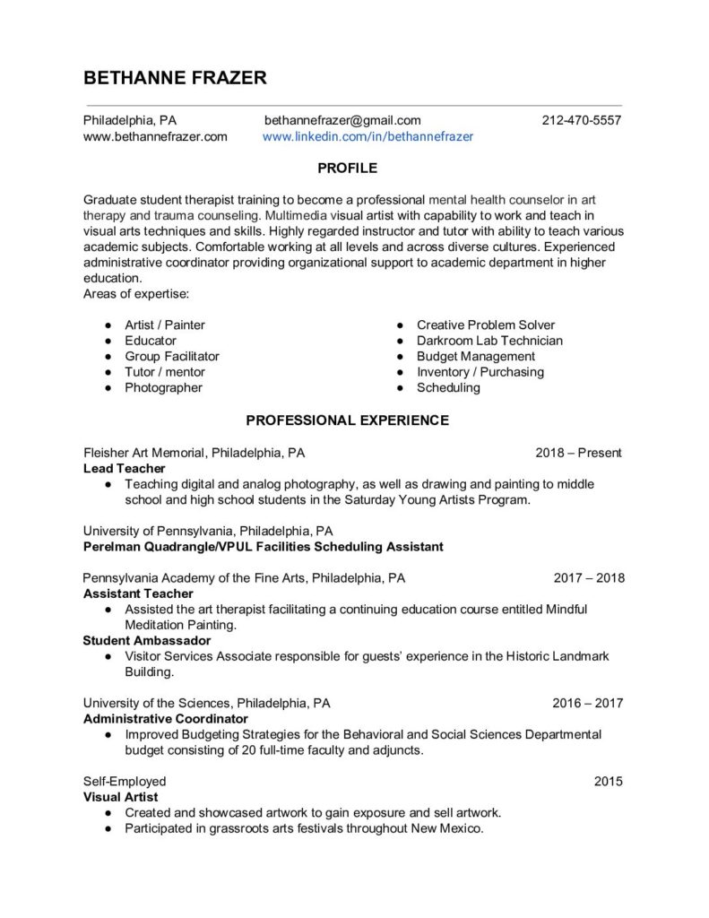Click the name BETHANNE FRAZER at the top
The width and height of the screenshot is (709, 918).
coord(175,78)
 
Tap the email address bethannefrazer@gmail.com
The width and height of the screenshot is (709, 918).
coord(342,120)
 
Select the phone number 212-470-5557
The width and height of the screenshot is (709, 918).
coord(582,120)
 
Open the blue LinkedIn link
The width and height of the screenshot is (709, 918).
coord(367,137)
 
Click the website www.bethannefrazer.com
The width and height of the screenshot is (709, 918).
coord(155,137)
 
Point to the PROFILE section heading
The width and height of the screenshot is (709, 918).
coord(349,168)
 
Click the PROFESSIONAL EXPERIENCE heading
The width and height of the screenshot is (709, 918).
coord(348,419)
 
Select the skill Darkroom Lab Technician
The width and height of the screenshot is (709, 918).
coord(489,341)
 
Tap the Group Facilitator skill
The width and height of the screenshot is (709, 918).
coord(171,356)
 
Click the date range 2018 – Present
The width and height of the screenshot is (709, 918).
coord(578,453)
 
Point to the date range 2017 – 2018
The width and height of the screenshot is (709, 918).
coord(589,578)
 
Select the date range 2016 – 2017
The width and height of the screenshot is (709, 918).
coord(589,703)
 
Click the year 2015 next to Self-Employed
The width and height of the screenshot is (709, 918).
coord(608,782)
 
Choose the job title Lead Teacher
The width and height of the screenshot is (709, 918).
coord(124,468)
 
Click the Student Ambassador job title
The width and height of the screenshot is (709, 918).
coord(147,640)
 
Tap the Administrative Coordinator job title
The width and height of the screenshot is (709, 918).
coord(165,718)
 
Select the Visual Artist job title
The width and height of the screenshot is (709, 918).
coord(120,797)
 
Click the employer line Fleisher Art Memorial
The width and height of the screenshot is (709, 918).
coord(199,453)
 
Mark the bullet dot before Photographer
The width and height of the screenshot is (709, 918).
coord(108,388)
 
